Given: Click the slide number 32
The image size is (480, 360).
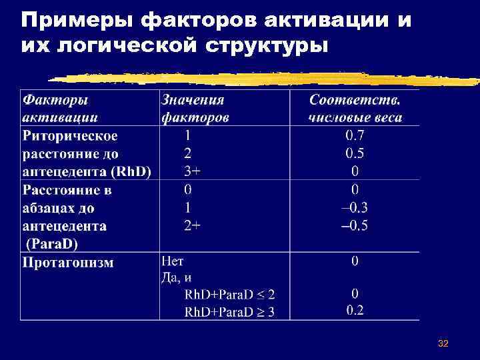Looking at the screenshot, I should [443, 343].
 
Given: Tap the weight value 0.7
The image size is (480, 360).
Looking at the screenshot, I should [355, 136].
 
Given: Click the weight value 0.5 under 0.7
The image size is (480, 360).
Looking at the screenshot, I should [355, 153].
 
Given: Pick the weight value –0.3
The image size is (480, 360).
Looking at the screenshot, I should [355, 207].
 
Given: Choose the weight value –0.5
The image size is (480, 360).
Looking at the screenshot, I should [355, 225].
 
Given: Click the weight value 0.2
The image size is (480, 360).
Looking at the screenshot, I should [355, 310].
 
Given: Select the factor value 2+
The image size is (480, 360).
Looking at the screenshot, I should [192, 225].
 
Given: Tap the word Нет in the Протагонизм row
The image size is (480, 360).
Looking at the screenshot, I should [173, 261].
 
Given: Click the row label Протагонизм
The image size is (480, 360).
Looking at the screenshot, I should [68, 262].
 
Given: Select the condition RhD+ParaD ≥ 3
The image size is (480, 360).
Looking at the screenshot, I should [229, 311].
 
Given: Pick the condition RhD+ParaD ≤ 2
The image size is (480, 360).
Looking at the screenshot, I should [229, 294].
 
